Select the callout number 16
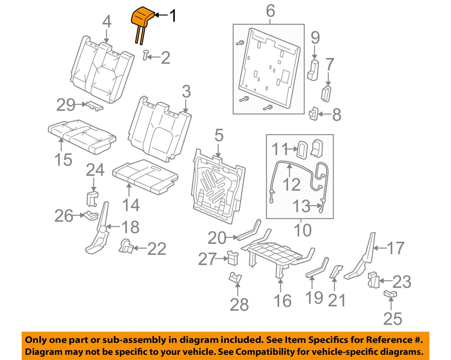pyautogui.click(x=283, y=301)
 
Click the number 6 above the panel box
pyautogui.click(x=270, y=11)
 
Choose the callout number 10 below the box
pyautogui.click(x=302, y=231)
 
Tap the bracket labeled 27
pyautogui.click(x=232, y=257)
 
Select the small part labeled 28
pyautogui.click(x=235, y=278)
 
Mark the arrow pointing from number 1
pyautogui.click(x=161, y=14)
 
